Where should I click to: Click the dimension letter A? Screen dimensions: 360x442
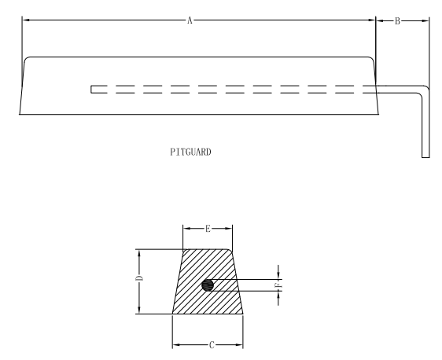pos(190,21)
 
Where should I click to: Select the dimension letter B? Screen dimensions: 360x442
pos(397,21)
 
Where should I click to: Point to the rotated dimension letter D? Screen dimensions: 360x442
pos(138,279)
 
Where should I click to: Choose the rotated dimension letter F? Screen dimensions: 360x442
pos(277,285)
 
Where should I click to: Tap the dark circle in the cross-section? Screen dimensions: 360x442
pos(208,285)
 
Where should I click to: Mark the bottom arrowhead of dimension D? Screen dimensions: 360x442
pos(138,311)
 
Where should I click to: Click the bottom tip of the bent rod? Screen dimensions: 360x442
pos(425,156)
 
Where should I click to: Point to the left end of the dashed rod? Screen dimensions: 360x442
pos(92,89)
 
